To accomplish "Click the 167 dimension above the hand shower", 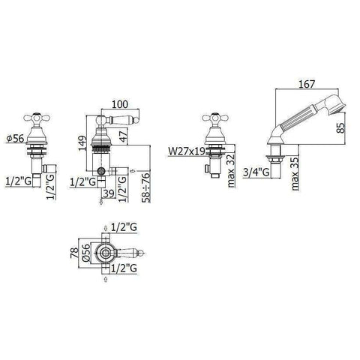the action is [307, 84].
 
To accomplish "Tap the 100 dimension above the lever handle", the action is [119, 104].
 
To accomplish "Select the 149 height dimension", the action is [82, 142].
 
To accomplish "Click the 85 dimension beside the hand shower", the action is [341, 127].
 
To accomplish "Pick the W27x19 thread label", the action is [187, 151].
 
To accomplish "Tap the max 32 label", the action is [231, 171].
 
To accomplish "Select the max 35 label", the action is [295, 174].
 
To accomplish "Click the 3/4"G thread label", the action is [256, 172].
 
